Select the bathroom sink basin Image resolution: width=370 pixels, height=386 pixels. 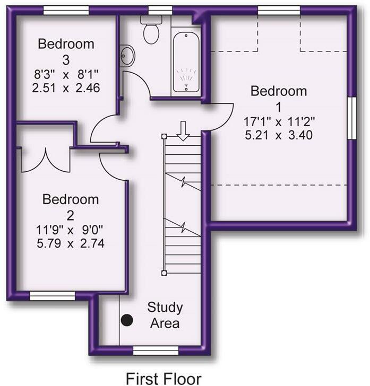click(x=127, y=55)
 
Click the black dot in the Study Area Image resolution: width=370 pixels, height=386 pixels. click(x=126, y=320)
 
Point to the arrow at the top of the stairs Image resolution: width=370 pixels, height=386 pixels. click(x=183, y=130)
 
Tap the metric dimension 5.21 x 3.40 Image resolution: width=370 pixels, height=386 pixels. click(x=278, y=135)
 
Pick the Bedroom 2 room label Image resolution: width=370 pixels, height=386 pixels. click(x=71, y=207)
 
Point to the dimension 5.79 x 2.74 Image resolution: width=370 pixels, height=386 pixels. click(x=71, y=244)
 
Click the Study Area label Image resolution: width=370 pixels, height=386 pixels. click(x=165, y=315)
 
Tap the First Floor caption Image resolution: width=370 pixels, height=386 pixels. click(x=163, y=378)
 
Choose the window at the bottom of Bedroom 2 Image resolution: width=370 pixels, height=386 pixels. click(x=52, y=295)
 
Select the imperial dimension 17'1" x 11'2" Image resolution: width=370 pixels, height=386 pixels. click(x=278, y=121)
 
